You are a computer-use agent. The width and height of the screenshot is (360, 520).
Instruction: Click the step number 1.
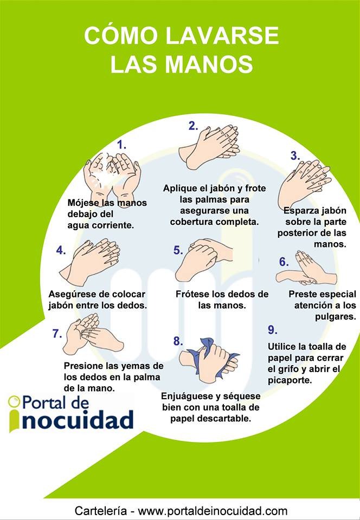(x=122, y=145)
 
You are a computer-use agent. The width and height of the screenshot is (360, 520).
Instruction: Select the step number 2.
(x=193, y=126)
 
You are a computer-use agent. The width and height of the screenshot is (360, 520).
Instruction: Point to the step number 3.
(x=295, y=156)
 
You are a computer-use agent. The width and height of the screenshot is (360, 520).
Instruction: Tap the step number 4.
(x=61, y=250)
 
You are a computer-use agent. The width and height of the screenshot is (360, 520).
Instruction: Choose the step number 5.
(x=178, y=250)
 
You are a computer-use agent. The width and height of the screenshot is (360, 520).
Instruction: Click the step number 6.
(x=284, y=262)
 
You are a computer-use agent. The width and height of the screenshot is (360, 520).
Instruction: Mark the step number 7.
(x=57, y=333)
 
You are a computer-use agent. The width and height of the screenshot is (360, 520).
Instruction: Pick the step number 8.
(x=177, y=341)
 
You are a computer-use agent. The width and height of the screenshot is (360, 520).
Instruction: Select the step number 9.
(x=273, y=330)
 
